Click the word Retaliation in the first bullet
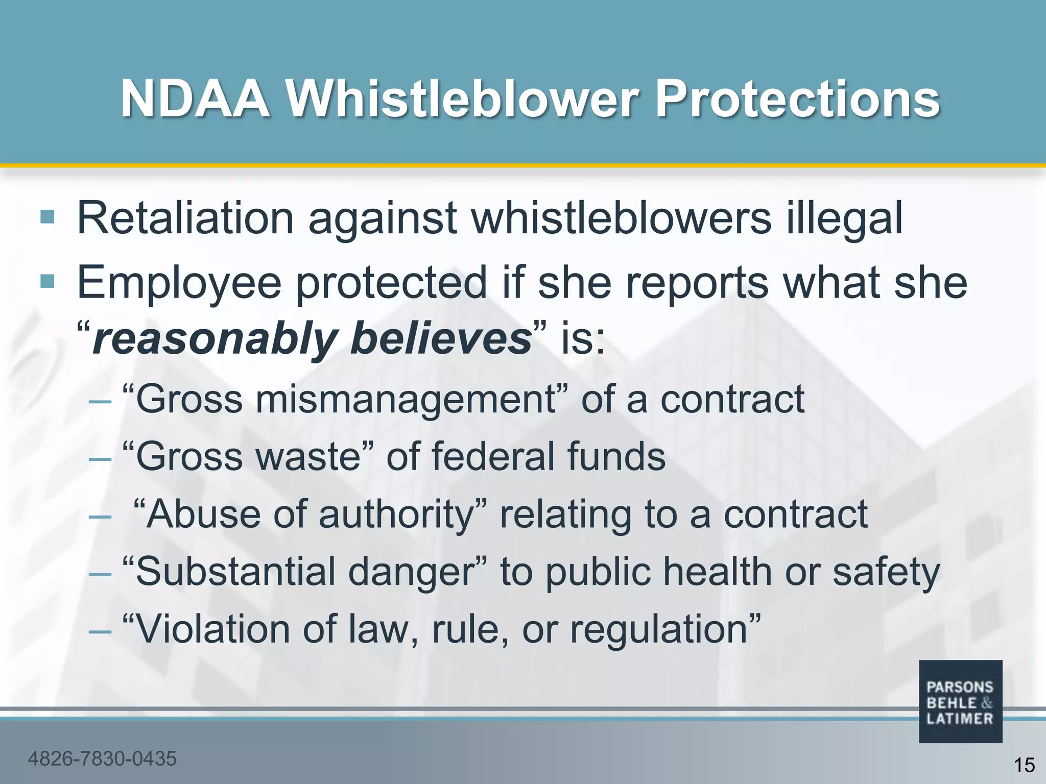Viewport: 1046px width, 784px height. (x=185, y=218)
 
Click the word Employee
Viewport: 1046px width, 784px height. (x=179, y=284)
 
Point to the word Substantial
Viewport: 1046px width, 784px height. (x=235, y=572)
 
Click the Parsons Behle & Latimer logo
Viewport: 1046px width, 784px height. (x=960, y=702)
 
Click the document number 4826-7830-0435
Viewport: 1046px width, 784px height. (x=102, y=759)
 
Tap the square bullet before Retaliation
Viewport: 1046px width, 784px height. (x=47, y=217)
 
